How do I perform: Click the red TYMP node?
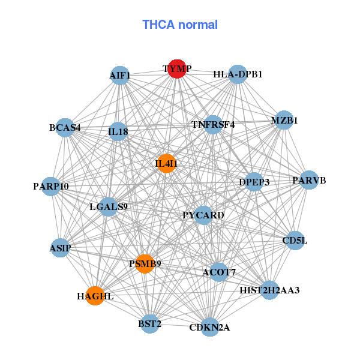point(177,69)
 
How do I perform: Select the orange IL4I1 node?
point(167,163)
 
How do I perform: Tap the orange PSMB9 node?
point(145,264)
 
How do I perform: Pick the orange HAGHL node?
point(95,296)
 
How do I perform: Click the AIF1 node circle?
point(120,76)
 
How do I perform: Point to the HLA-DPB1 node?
point(238,74)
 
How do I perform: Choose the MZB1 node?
point(284,120)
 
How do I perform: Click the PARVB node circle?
point(309,180)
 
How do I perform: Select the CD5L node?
point(295,241)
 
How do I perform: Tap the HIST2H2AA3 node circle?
point(270,290)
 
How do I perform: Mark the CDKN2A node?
point(210,327)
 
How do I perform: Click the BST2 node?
point(149,324)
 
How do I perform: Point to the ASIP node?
point(60,248)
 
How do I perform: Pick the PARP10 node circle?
point(51,186)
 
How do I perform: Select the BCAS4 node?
point(65,128)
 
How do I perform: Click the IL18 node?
point(118,131)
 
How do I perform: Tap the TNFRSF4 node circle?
point(213,125)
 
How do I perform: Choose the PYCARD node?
point(203,215)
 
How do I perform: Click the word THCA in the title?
point(158,25)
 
